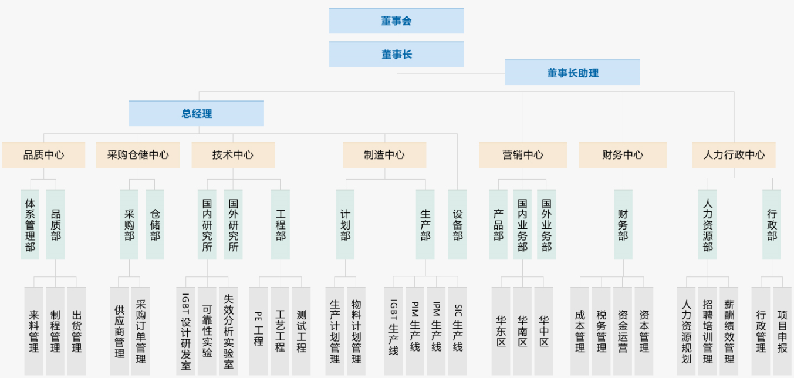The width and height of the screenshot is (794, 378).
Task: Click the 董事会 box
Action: click(396, 21)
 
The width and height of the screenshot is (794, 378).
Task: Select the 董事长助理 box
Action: click(572, 73)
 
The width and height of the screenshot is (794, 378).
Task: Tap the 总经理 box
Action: click(197, 114)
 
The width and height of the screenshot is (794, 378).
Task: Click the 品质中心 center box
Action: click(43, 155)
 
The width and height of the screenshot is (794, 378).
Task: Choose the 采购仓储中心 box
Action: click(138, 155)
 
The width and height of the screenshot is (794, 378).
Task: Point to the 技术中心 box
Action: click(233, 155)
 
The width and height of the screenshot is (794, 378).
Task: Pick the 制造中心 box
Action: click(384, 155)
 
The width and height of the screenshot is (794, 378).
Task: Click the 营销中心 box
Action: click(523, 155)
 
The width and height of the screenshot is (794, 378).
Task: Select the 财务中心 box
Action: click(623, 155)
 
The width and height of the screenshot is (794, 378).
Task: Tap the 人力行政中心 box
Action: click(734, 155)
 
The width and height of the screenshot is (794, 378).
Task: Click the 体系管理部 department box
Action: click(30, 224)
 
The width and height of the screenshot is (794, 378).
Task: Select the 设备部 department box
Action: click(458, 224)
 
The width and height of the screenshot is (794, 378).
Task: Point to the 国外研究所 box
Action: click(233, 224)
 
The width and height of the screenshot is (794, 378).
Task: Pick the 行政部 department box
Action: click(772, 224)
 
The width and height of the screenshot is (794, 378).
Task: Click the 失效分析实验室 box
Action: click(228, 331)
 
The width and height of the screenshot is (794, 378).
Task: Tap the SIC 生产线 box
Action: click(458, 331)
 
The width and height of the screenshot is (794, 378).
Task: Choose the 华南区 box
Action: click(522, 331)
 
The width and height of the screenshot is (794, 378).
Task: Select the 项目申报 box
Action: click(782, 331)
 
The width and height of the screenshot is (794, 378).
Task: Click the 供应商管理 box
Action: click(120, 331)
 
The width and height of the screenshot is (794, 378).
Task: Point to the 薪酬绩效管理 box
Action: click(729, 331)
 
